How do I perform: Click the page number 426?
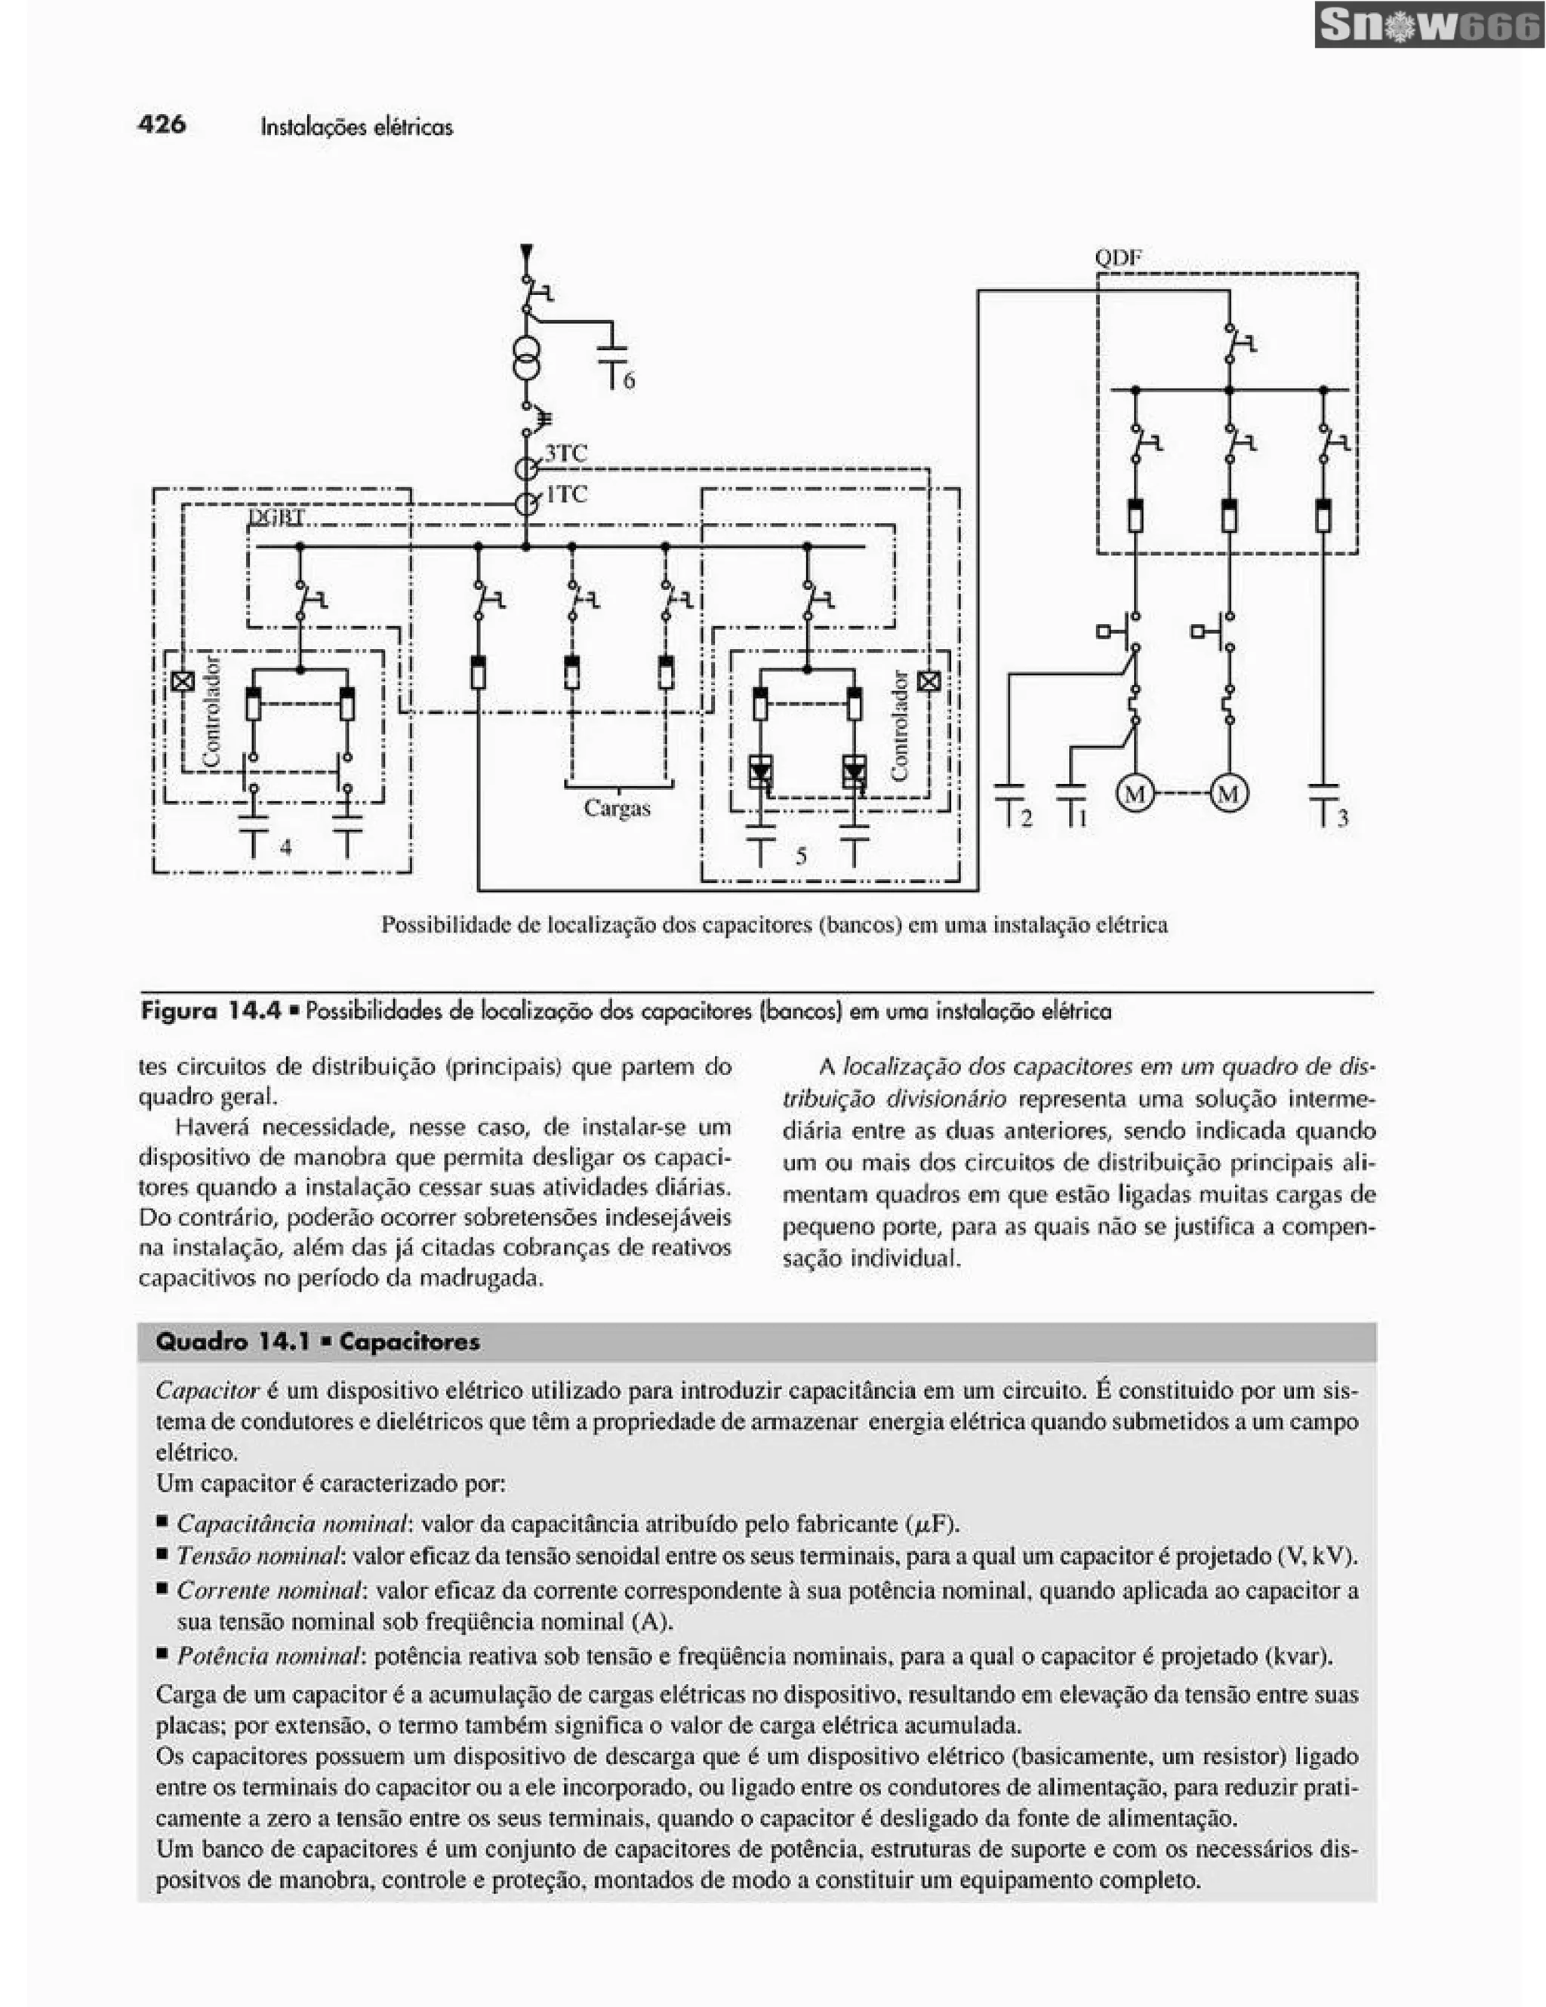pyautogui.click(x=162, y=124)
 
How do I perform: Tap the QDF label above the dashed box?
pyautogui.click(x=1118, y=258)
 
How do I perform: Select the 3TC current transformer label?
pyautogui.click(x=565, y=452)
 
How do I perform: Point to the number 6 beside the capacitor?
pyautogui.click(x=629, y=380)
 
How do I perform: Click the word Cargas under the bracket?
pyautogui.click(x=617, y=809)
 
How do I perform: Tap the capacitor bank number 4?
pyautogui.click(x=286, y=847)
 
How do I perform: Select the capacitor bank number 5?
pyautogui.click(x=801, y=856)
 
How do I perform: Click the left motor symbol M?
pyautogui.click(x=1135, y=792)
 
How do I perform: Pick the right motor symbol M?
pyautogui.click(x=1229, y=792)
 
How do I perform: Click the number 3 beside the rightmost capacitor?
pyautogui.click(x=1343, y=818)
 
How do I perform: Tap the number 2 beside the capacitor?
pyautogui.click(x=1027, y=818)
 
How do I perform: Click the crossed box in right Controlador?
pyautogui.click(x=929, y=681)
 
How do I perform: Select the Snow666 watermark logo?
pyautogui.click(x=1428, y=26)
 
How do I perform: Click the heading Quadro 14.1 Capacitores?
pyautogui.click(x=318, y=1342)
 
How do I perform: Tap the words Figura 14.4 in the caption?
pyautogui.click(x=211, y=1012)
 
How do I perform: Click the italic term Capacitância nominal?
pyautogui.click(x=291, y=1523)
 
